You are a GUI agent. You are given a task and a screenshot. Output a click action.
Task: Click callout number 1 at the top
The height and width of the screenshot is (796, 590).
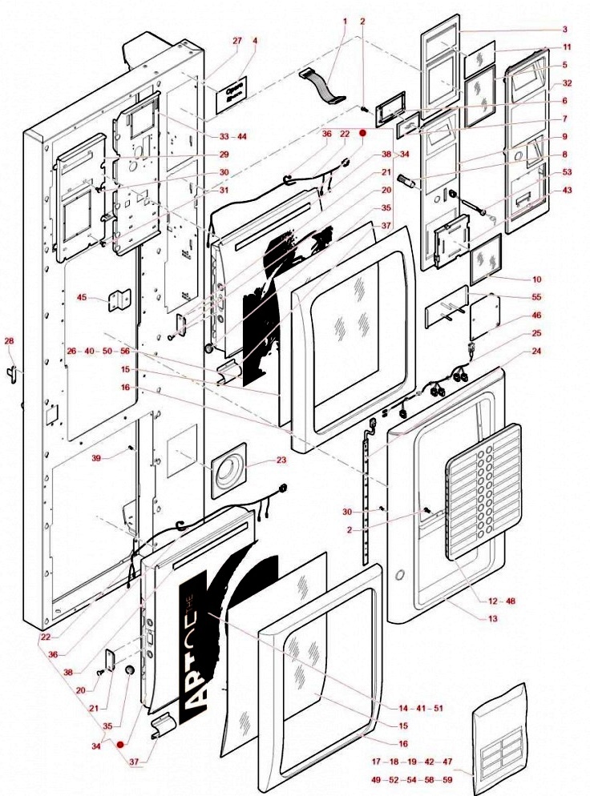tap(346, 21)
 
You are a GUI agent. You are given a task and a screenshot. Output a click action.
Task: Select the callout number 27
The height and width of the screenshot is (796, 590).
tap(236, 42)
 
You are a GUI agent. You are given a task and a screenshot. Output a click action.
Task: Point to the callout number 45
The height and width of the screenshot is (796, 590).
tap(82, 298)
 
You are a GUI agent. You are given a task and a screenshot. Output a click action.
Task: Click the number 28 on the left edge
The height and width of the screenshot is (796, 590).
tap(10, 342)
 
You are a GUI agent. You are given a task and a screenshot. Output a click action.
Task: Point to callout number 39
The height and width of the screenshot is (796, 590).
tap(96, 458)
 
